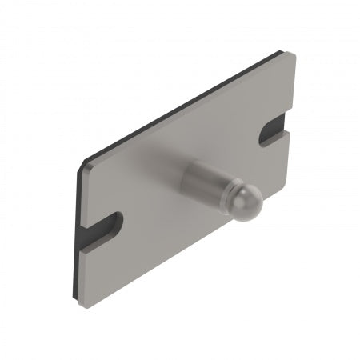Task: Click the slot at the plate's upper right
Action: point(274,131)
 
